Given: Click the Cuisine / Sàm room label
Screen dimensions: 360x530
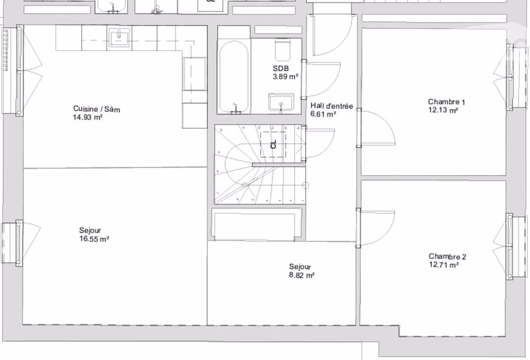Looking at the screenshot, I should coord(96,110).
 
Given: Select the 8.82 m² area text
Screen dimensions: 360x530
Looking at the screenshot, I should coord(302,276).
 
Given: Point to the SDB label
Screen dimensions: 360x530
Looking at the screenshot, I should coord(279,69).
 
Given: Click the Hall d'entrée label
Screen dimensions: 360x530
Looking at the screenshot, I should coord(331,106).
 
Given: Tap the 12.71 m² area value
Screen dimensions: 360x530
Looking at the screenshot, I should coord(444,265).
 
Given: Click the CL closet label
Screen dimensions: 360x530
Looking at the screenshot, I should coord(273,144).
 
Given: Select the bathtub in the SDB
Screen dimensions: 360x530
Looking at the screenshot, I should coord(233,76).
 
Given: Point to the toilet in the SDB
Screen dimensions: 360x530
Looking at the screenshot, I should coord(282,51).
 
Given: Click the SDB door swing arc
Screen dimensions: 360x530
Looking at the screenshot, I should coord(318,80).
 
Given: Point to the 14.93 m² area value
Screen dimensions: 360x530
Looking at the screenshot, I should coord(87,118).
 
